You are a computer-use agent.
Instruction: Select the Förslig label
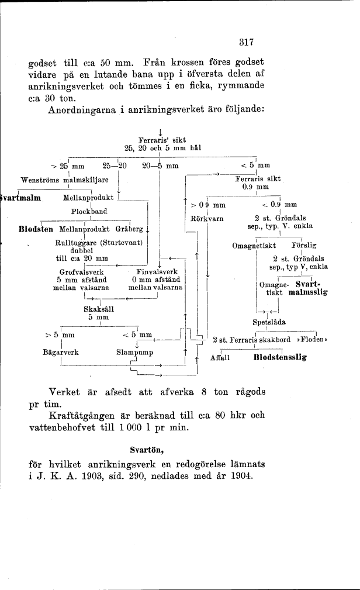(303, 246)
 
